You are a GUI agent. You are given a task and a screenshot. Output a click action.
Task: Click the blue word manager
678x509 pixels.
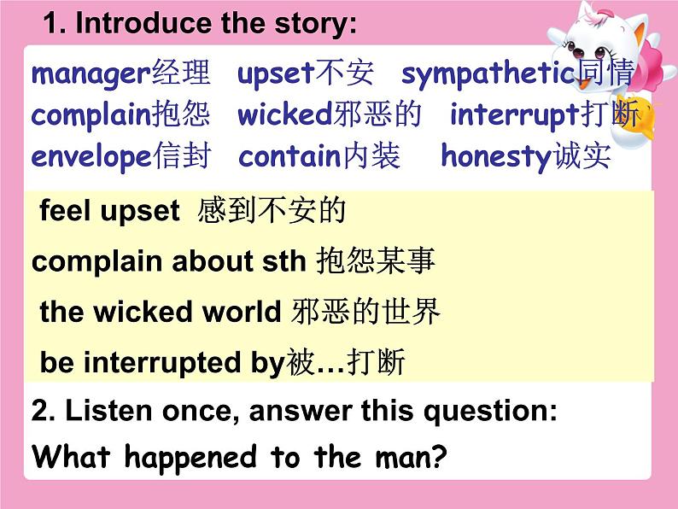coord(91,74)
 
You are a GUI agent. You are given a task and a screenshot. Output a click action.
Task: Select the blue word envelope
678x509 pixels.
coord(91,157)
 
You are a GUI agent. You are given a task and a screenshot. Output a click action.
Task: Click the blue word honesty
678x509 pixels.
coord(496,156)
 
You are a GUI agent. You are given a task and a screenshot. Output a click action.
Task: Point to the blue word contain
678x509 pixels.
coord(290,156)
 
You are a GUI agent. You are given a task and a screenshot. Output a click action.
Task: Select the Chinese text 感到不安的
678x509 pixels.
coord(272,211)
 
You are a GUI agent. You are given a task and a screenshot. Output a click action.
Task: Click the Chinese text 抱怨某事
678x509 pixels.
coord(376,260)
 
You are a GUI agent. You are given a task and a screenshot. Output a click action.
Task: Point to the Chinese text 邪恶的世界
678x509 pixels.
coord(365,312)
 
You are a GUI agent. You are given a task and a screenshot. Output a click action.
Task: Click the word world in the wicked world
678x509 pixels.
coord(242,312)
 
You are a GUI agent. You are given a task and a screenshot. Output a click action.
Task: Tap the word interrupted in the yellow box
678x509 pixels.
coord(162,362)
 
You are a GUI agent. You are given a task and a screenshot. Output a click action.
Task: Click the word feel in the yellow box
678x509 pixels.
coord(66,211)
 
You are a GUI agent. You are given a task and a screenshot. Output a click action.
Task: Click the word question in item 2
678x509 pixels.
coord(490,412)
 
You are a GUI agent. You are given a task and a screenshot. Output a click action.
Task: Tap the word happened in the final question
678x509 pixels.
coord(190,458)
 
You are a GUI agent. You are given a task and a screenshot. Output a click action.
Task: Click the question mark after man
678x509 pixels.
coord(439,456)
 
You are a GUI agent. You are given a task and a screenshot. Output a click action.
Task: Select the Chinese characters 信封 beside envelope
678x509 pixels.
coord(184,155)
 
